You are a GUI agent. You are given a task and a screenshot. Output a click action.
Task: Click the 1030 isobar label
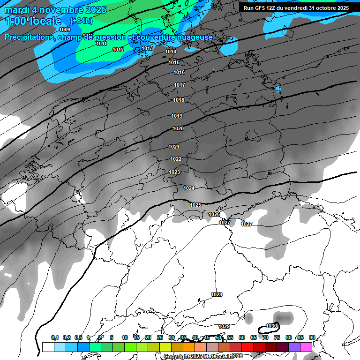tap(271, 326)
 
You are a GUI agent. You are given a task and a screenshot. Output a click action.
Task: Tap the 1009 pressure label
tap(65, 30)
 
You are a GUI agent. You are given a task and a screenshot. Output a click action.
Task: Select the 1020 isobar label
tap(178, 128)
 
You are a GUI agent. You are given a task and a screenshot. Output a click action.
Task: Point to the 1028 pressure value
tap(217, 294)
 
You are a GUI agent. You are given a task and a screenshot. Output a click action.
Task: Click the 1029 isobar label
tap(224, 326)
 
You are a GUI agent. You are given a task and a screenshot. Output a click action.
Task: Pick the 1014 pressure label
tap(171, 52)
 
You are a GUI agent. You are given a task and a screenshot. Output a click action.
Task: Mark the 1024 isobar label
tap(189, 188)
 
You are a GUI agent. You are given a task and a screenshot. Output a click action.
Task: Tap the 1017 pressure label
tap(179, 85)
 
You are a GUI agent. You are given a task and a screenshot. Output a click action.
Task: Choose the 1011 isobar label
tap(101, 44)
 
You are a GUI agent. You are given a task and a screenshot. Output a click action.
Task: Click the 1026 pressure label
tap(214, 214)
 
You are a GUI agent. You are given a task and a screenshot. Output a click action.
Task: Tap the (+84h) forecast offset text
tap(81, 21)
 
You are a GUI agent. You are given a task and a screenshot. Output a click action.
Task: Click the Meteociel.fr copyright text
tap(203, 356)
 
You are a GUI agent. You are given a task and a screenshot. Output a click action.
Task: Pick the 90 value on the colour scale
tap(312, 337)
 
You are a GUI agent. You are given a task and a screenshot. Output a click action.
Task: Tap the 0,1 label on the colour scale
tap(55, 337)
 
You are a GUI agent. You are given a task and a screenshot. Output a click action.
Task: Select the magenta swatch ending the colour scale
tap(306, 347)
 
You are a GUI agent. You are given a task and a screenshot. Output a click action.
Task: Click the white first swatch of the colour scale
tap(48, 347)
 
